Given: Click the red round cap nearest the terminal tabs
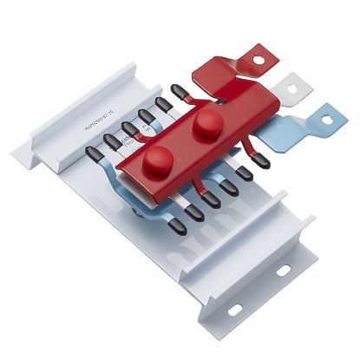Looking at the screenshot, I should point(206,123).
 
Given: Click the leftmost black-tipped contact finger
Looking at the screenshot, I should point(93,154).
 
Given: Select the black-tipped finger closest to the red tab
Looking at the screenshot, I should point(180,90).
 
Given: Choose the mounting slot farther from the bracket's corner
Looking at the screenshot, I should point(283,271).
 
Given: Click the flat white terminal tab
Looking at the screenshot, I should point(282,92).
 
